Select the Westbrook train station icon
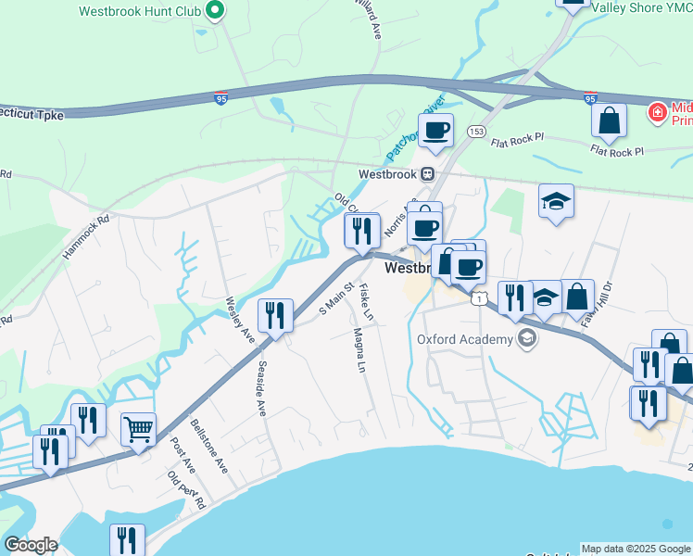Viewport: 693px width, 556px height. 427,173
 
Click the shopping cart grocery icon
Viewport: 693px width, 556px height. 138,428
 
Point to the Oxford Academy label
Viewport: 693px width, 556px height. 464,339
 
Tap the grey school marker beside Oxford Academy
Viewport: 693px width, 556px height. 527,338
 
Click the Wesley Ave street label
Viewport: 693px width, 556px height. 239,321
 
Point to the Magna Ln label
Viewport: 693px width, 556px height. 357,350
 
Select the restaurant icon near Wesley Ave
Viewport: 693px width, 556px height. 275,315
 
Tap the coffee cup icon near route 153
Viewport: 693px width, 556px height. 435,129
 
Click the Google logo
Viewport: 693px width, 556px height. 31,545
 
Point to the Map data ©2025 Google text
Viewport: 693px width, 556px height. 635,549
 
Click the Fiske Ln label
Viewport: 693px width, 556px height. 366,302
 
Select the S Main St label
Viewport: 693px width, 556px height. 337,297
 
